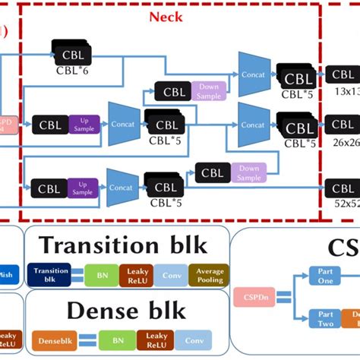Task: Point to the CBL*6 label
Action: click(x=73, y=70)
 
